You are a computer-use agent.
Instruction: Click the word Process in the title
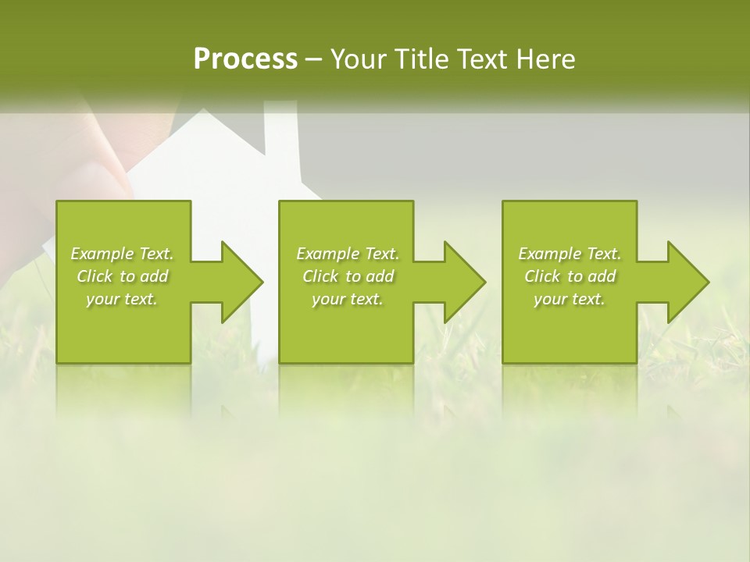(245, 59)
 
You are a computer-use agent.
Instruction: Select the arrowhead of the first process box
(242, 282)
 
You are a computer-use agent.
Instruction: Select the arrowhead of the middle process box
(465, 282)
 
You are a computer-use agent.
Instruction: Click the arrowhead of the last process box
(688, 282)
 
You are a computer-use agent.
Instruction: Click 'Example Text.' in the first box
(122, 254)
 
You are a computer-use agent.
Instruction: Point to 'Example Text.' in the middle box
(348, 254)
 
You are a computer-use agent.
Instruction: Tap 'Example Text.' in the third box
(570, 254)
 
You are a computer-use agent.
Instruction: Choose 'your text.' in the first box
(122, 299)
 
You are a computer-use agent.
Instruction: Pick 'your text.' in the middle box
(348, 299)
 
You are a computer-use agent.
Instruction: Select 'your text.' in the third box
(570, 299)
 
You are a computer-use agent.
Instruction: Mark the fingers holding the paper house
(94, 156)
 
